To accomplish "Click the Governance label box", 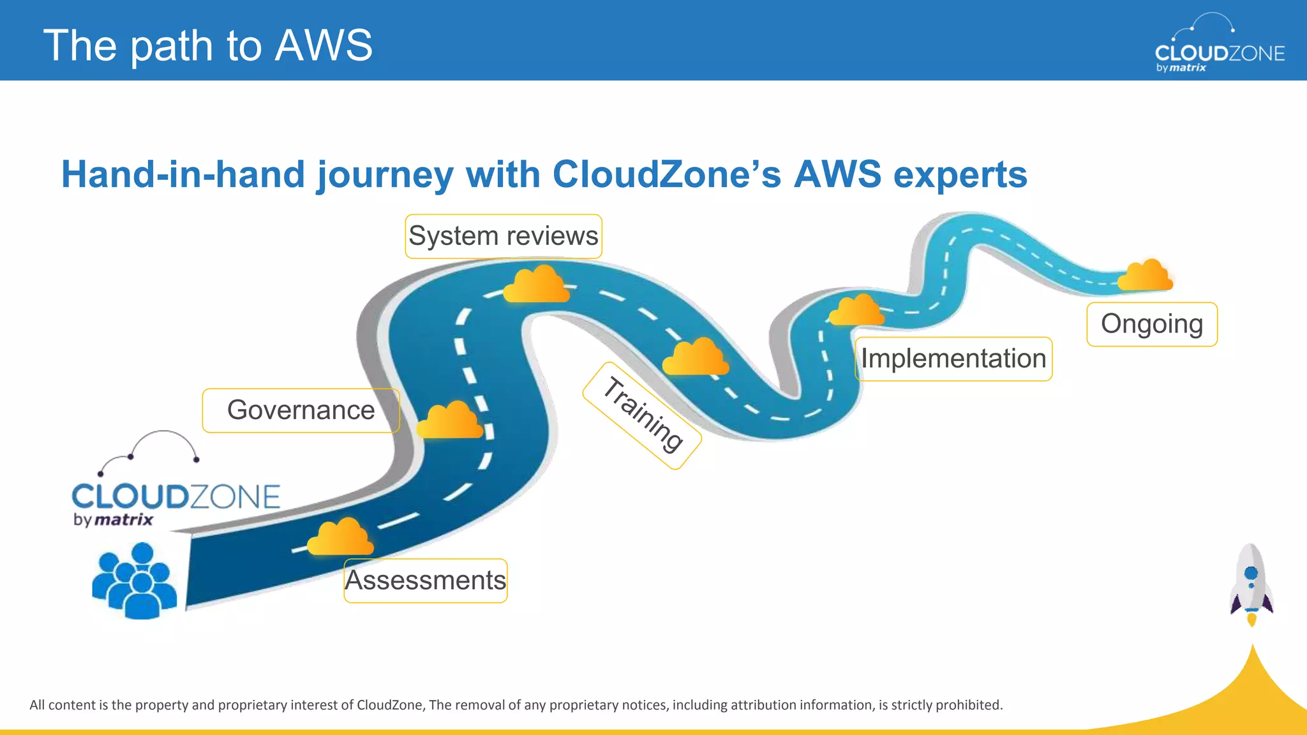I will pos(301,410).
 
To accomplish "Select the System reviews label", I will pos(503,236).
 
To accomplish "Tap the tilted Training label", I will pos(642,415).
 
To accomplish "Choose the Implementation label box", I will pos(953,359).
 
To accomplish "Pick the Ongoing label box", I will pos(1151,324).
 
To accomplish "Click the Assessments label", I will pos(425,581).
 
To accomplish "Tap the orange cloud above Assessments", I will pos(340,537).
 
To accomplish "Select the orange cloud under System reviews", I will pos(536,285).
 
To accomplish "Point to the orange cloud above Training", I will pos(695,357).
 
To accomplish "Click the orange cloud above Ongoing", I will pos(1146,276).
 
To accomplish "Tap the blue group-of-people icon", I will pos(135,581).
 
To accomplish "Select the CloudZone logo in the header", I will pos(1219,45).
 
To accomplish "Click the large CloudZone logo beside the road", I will pos(176,485).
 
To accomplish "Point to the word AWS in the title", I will pos(324,45).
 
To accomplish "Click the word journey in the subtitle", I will pos(385,175).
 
